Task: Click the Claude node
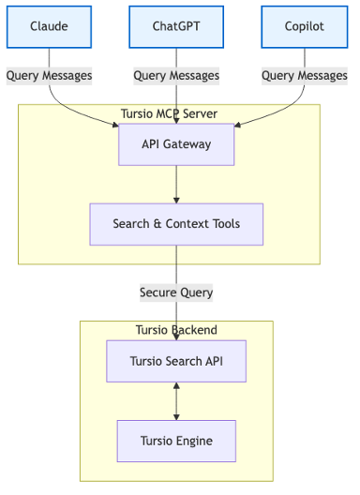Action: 49,26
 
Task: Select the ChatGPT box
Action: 176,26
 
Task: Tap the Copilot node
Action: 305,26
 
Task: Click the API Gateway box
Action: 176,144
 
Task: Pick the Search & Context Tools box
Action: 176,224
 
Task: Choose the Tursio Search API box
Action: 176,361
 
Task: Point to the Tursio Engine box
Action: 176,441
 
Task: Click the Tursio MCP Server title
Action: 170,114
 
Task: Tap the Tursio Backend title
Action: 176,330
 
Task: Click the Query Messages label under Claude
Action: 49,75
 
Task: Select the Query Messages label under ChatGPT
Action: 176,75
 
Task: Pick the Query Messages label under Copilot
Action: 305,75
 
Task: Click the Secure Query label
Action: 176,292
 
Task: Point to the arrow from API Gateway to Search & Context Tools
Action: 176,184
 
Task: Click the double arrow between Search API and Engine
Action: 176,401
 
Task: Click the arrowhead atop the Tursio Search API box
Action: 176,337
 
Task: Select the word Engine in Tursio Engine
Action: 194,441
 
